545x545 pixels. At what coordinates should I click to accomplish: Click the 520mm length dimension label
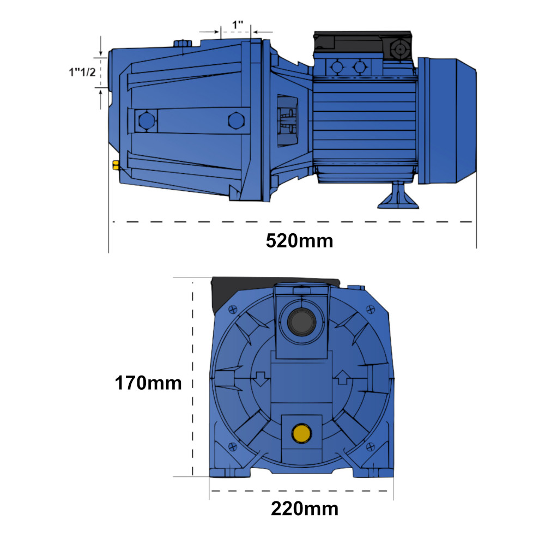pyautogui.click(x=299, y=240)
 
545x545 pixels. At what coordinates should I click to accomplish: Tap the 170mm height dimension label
pyautogui.click(x=148, y=383)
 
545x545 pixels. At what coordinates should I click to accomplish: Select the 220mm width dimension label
pyautogui.click(x=305, y=509)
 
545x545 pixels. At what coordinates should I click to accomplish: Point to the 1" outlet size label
pyautogui.click(x=238, y=25)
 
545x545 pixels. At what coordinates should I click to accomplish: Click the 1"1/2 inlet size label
pyautogui.click(x=82, y=72)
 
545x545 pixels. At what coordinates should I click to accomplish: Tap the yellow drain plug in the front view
pyautogui.click(x=301, y=433)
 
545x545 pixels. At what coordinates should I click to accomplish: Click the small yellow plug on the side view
pyautogui.click(x=116, y=165)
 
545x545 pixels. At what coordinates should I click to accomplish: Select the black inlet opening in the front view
pyautogui.click(x=302, y=322)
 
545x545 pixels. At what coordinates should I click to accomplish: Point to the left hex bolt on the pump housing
pyautogui.click(x=147, y=120)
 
